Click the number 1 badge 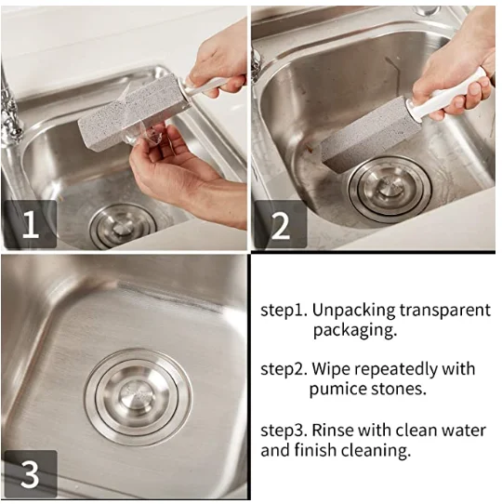[31, 224]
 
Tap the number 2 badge [281, 225]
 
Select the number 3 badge [31, 474]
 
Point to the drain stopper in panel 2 [390, 190]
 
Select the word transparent [445, 311]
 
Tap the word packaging [355, 330]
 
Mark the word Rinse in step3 [333, 430]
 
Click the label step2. [284, 370]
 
